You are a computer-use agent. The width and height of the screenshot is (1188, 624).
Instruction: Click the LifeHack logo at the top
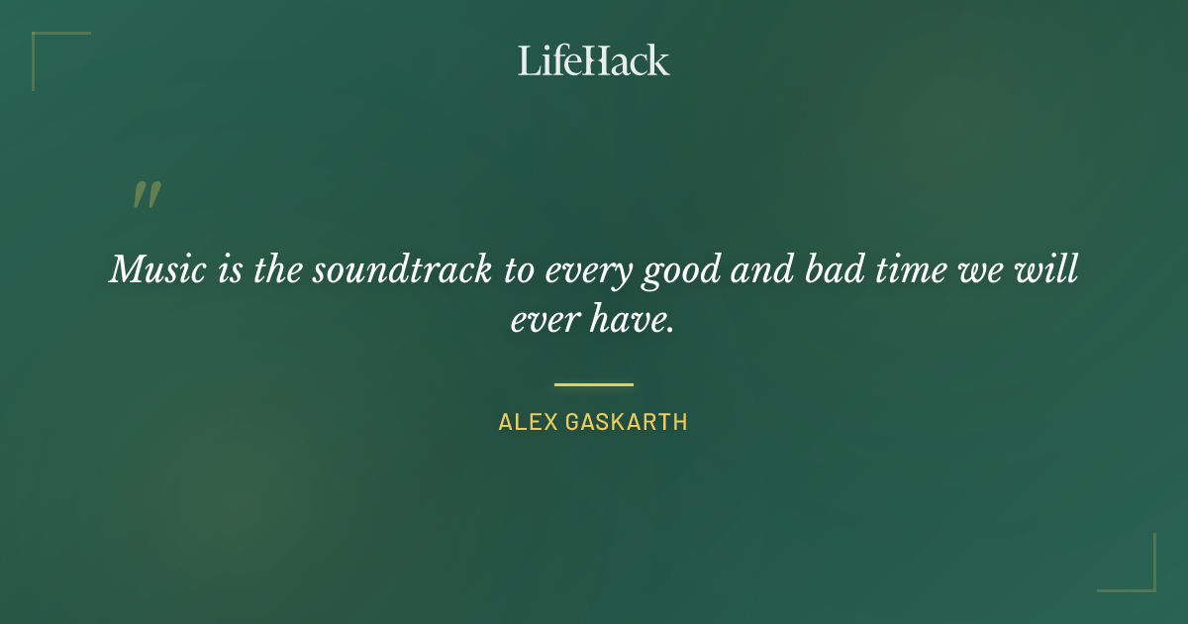(x=594, y=60)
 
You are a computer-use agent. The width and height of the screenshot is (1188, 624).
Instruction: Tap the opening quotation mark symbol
(x=147, y=195)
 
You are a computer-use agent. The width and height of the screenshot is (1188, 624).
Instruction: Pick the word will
(x=1050, y=269)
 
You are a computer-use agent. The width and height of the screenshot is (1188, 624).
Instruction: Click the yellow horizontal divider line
(x=594, y=384)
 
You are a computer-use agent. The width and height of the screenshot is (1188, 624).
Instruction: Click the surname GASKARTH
(x=628, y=422)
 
